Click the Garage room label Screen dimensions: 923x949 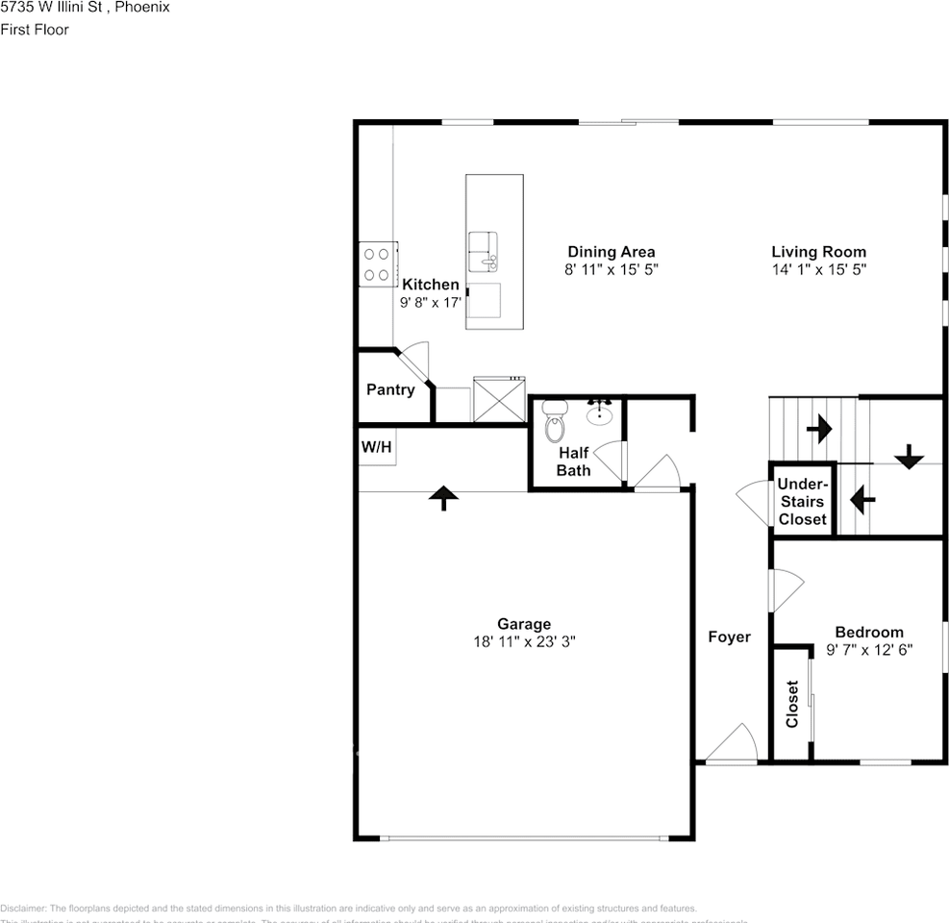[x=523, y=624]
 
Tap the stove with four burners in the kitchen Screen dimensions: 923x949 [x=377, y=263]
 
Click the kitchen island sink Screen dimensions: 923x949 [x=484, y=252]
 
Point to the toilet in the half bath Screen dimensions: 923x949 [x=555, y=422]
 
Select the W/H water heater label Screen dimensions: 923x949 [x=376, y=447]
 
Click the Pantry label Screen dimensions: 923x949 [x=390, y=389]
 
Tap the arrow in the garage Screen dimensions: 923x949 [x=442, y=497]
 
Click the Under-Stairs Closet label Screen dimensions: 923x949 [x=802, y=501]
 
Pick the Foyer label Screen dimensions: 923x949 [x=729, y=636]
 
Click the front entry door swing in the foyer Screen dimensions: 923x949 [x=731, y=745]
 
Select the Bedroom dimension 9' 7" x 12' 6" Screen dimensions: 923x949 [x=869, y=649]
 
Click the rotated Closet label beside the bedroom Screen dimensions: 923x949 [x=792, y=704]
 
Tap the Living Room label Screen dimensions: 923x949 [x=818, y=252]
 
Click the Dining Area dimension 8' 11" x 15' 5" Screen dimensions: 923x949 [x=611, y=270]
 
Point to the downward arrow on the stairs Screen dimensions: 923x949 [x=908, y=459]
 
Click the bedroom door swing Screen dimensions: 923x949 [x=785, y=588]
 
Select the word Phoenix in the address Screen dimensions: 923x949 [x=142, y=7]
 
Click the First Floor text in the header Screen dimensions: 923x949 [x=35, y=30]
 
